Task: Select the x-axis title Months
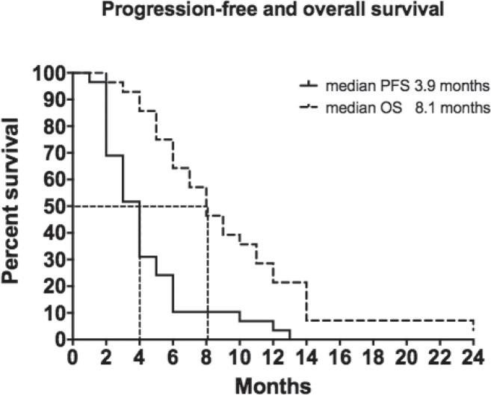(x=273, y=384)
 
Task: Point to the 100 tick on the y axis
(x=49, y=73)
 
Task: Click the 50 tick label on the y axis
(x=54, y=206)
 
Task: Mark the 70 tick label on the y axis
(x=54, y=153)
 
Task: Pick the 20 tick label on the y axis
(x=54, y=286)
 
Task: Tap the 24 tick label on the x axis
(x=473, y=355)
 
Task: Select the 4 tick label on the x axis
(x=139, y=355)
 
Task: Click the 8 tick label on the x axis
(x=206, y=355)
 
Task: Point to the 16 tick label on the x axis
(x=340, y=355)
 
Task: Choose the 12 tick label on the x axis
(x=273, y=355)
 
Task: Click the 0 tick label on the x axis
(x=72, y=355)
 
